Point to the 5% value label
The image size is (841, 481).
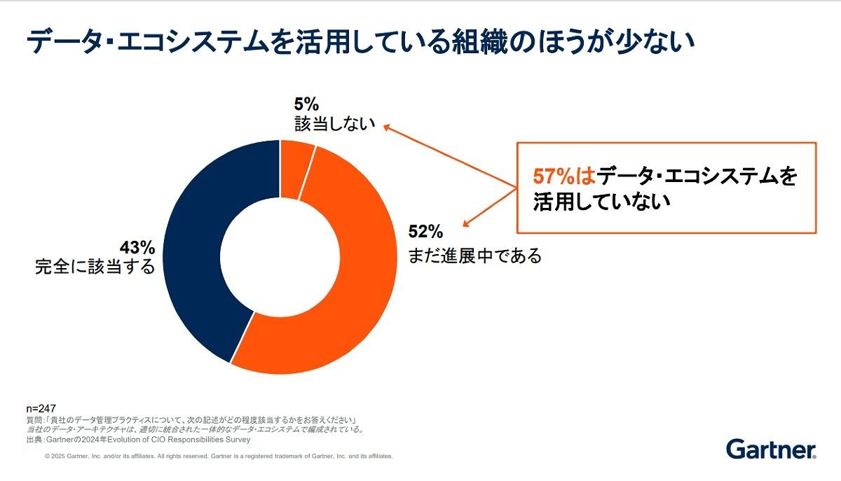pos(306,106)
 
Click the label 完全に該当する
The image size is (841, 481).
pos(95,267)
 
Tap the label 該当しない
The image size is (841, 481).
pos(334,125)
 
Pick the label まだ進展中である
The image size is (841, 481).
pos(474,256)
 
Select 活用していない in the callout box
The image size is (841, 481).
pos(602,202)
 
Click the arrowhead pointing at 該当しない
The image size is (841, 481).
pos(386,129)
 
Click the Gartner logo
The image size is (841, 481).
pos(771,449)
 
